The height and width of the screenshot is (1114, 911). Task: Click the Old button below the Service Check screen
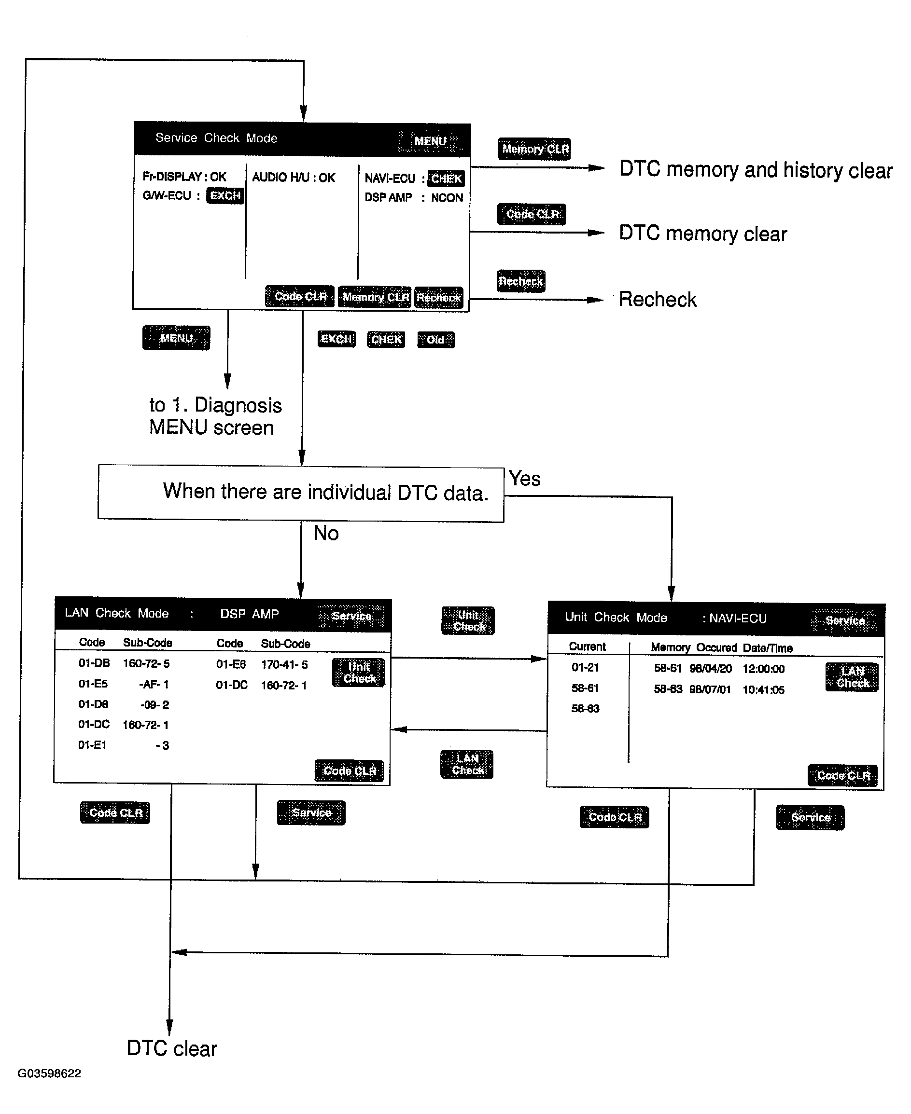click(x=435, y=340)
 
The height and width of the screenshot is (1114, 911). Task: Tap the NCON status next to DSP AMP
click(x=447, y=198)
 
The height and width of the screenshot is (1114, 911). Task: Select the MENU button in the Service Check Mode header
click(x=430, y=141)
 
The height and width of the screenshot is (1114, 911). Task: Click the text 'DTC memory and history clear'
click(x=756, y=170)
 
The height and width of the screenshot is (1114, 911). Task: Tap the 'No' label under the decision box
click(x=326, y=534)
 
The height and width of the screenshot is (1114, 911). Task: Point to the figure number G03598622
click(x=49, y=1073)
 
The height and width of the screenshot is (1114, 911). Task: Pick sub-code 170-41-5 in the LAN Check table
click(x=284, y=664)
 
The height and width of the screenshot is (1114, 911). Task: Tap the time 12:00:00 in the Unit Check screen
click(x=763, y=669)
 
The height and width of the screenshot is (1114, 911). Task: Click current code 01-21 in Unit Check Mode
click(x=585, y=667)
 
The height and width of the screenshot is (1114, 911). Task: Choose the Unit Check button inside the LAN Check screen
click(x=359, y=673)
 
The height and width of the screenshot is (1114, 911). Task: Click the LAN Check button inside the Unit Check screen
click(x=852, y=677)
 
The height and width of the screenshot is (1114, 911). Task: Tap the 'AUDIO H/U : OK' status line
click(x=294, y=177)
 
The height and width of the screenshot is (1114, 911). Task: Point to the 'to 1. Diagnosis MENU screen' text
click(x=215, y=416)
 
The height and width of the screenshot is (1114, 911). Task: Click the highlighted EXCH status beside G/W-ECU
click(x=225, y=195)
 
